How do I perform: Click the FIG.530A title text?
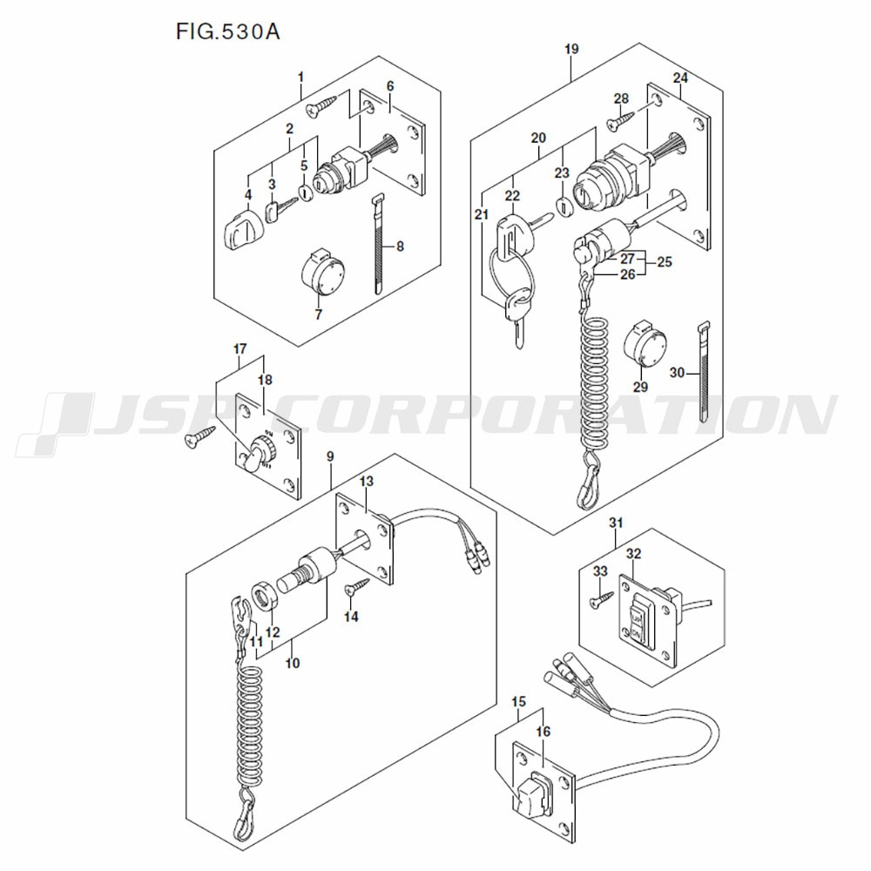(x=227, y=32)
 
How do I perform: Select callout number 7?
(x=319, y=314)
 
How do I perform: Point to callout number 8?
(x=400, y=246)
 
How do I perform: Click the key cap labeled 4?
(x=240, y=231)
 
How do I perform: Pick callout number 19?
(x=571, y=50)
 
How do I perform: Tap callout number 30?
(x=677, y=372)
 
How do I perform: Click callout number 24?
(x=681, y=78)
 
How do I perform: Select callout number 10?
(x=292, y=663)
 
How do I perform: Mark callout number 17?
(x=240, y=349)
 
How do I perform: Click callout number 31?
(x=616, y=523)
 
